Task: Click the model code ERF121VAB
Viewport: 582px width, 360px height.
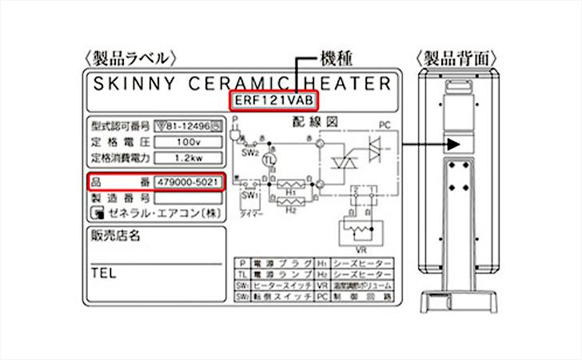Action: pyautogui.click(x=273, y=101)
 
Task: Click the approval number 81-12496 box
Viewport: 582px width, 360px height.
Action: pyautogui.click(x=189, y=126)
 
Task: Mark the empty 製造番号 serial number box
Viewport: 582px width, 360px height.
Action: pyautogui.click(x=189, y=197)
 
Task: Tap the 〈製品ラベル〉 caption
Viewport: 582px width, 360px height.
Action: pyautogui.click(x=127, y=58)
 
